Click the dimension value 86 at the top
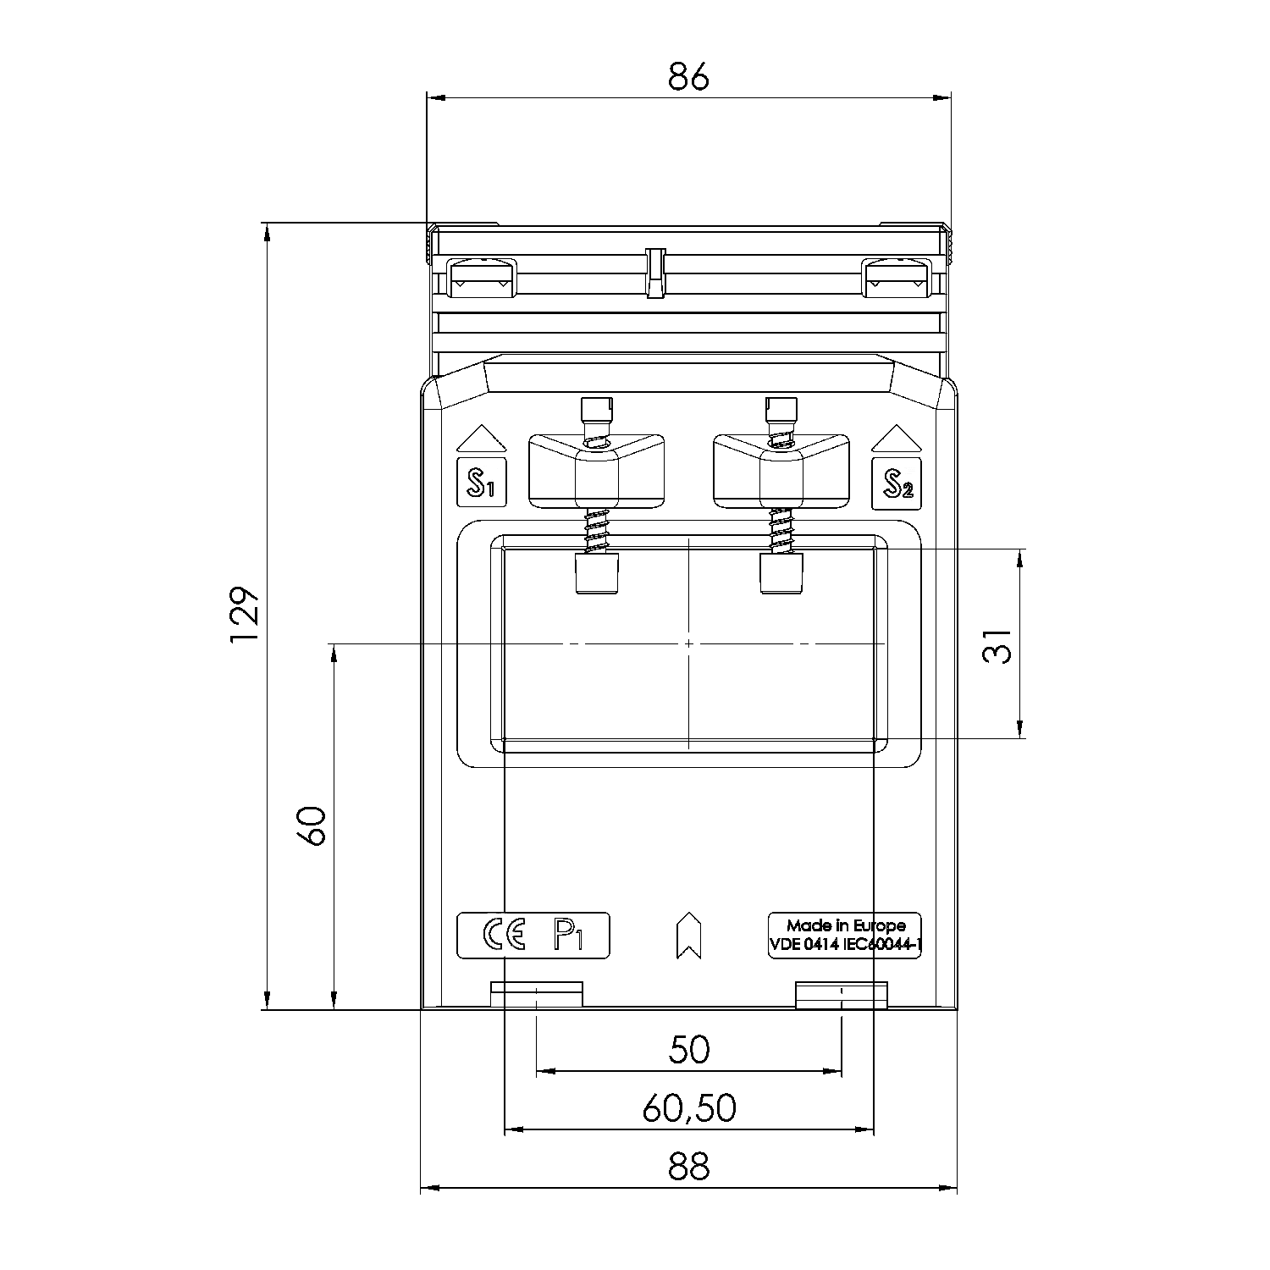[x=687, y=77]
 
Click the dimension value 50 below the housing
[x=689, y=1050]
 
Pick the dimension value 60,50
[x=689, y=1108]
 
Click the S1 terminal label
[x=481, y=483]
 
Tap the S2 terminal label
[x=897, y=483]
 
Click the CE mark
[x=505, y=935]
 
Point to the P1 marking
[x=569, y=935]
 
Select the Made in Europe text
[x=845, y=925]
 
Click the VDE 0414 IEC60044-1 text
[x=845, y=946]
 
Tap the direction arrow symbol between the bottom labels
[x=689, y=936]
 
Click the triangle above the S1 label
[x=481, y=439]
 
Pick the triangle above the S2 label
[x=897, y=439]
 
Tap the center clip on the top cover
[x=655, y=273]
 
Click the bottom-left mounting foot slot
[x=537, y=994]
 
